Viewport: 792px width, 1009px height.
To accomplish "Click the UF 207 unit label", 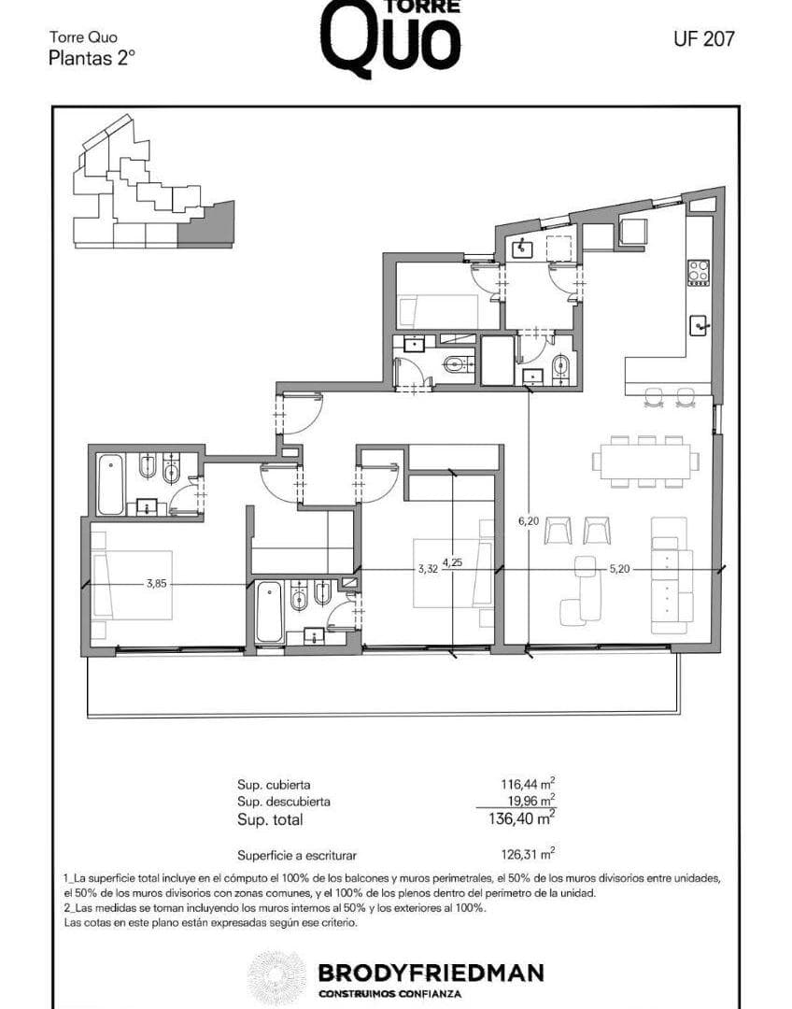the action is click(x=704, y=39).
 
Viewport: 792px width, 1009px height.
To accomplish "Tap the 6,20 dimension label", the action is click(x=529, y=521).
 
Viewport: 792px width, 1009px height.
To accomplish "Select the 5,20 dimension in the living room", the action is click(x=619, y=569).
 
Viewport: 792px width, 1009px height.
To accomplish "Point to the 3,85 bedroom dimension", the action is click(x=156, y=584).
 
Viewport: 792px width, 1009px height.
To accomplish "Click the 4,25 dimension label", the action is click(x=452, y=561).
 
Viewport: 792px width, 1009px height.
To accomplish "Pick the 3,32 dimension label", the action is click(x=428, y=569).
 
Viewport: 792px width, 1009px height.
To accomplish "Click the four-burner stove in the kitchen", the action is click(x=699, y=272).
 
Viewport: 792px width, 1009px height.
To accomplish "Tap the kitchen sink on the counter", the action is click(x=700, y=326).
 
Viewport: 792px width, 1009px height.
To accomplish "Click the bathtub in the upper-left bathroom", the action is click(x=110, y=484).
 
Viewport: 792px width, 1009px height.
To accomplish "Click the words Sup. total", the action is click(x=270, y=820).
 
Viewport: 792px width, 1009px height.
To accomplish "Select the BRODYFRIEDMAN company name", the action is click(x=431, y=973).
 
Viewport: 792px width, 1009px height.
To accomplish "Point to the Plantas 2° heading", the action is click(x=92, y=59).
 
